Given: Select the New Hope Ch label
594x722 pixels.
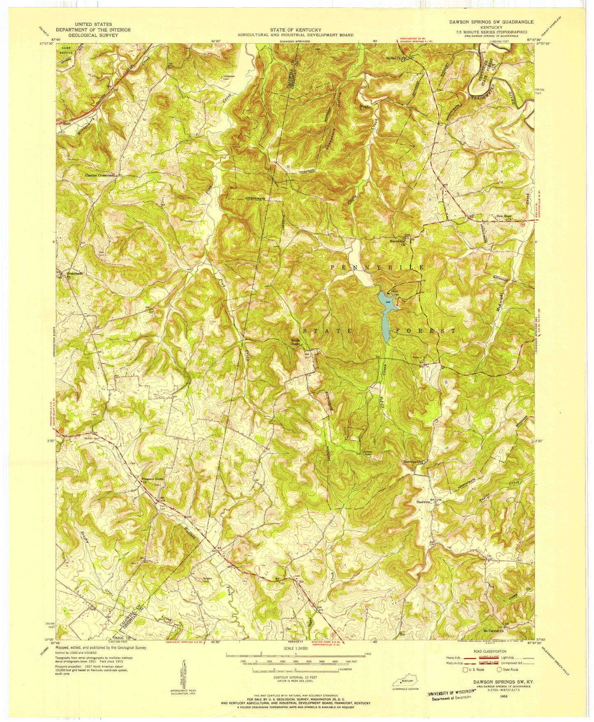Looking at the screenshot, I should point(506,217).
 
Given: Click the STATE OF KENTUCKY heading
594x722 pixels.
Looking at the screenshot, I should point(295,30).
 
